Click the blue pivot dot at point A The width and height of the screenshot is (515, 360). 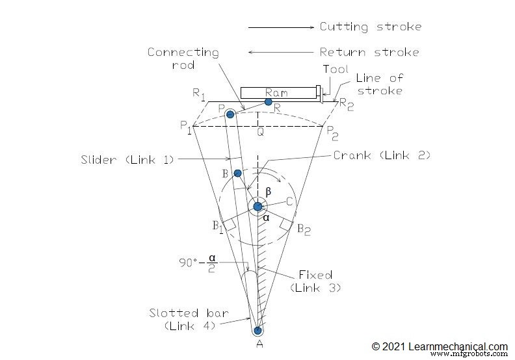(258, 330)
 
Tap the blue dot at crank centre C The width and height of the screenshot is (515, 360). (258, 207)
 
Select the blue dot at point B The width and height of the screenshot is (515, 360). (238, 173)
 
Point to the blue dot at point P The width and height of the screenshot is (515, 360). (230, 114)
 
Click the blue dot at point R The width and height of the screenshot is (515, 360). (268, 102)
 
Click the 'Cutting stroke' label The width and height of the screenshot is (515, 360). (371, 27)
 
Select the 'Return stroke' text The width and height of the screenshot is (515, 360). (369, 52)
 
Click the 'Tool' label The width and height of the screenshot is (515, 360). (336, 70)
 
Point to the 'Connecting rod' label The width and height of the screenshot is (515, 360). (183, 58)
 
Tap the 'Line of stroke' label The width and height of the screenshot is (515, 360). (380, 84)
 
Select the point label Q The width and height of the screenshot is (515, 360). (259, 132)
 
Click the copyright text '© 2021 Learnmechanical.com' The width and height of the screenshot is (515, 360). (440, 347)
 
